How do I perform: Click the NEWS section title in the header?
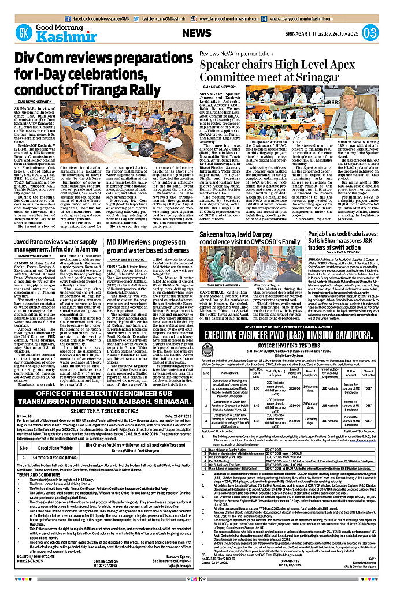(x=196, y=33)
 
